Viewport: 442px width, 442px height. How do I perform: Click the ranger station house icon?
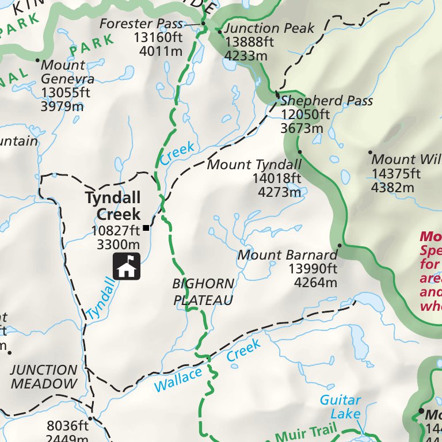[x=127, y=266]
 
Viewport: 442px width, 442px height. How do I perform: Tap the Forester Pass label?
[x=141, y=24]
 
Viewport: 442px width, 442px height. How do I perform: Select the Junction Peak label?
[x=269, y=28]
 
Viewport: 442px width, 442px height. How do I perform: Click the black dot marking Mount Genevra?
[x=37, y=60]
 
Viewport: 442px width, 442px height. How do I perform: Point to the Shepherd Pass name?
[x=326, y=101]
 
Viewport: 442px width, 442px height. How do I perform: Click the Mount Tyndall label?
[x=254, y=165]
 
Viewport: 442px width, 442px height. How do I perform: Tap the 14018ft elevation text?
[x=276, y=178]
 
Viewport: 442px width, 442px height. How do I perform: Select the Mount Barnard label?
[x=287, y=255]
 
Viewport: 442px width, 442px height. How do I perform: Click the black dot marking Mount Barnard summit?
[x=340, y=246]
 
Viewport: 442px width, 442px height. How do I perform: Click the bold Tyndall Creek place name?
[x=113, y=206]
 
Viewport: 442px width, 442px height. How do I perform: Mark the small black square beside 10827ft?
[x=146, y=228]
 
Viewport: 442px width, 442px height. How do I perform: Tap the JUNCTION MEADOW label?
[x=43, y=377]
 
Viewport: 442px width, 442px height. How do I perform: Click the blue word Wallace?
[x=178, y=380]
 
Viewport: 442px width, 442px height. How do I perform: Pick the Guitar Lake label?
[x=340, y=407]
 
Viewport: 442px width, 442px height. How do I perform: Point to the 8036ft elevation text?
[x=68, y=426]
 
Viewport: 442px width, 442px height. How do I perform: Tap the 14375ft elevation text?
[x=396, y=173]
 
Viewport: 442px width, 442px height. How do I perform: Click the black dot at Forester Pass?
[x=203, y=24]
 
